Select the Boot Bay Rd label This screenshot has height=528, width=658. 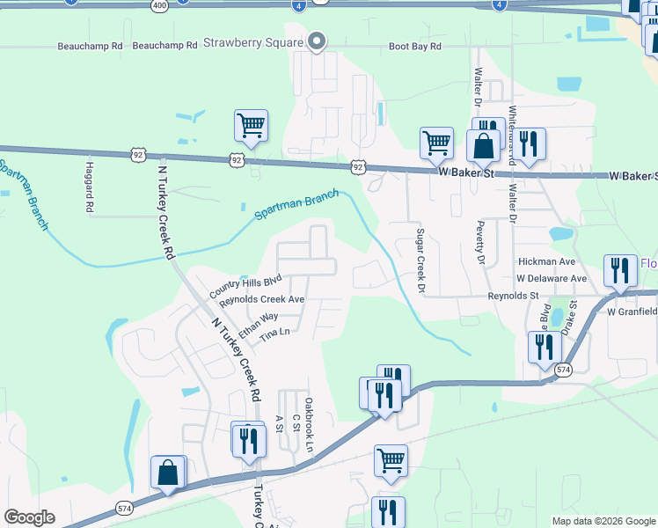pos(415,47)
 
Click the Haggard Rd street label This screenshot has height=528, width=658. pos(90,187)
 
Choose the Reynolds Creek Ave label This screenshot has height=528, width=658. pos(261,300)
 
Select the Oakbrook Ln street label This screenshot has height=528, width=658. pos(309,425)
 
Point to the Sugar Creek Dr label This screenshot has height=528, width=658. pos(420,260)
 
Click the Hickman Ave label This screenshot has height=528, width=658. pos(546,262)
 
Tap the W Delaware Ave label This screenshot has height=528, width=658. pos(552,279)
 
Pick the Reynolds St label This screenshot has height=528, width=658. pos(514,297)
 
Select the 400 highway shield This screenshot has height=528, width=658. pos(158,4)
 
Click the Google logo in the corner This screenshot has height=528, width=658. pos(30,517)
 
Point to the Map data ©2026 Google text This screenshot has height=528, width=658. pos(603,521)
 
